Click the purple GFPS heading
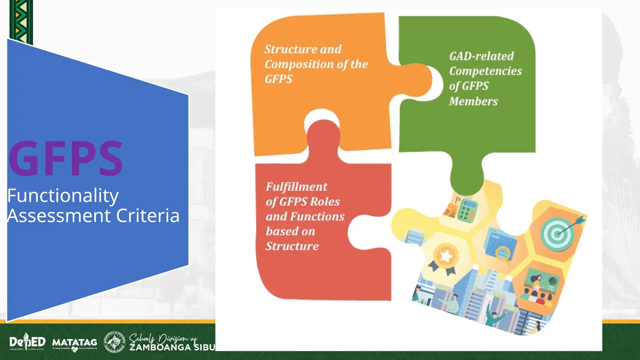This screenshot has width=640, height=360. point(66,158)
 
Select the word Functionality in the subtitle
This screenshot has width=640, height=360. point(63,196)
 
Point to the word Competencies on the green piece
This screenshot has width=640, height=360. point(485,71)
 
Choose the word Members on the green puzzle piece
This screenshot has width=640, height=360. point(473,101)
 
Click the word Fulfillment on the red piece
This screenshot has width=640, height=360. point(296,187)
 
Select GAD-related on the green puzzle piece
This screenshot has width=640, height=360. point(481,56)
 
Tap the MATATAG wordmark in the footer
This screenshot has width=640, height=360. point(74,343)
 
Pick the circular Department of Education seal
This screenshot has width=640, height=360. point(114,342)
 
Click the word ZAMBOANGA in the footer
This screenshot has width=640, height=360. point(160,347)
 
